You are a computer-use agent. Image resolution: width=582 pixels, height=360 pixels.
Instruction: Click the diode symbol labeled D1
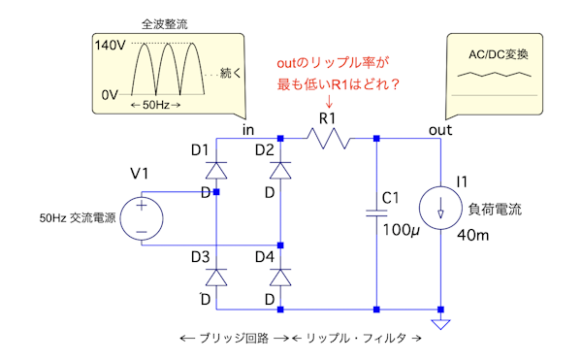coord(216,171)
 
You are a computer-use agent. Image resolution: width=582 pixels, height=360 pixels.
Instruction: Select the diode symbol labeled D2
coord(280,171)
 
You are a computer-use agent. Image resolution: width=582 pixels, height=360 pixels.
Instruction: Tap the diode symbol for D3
coord(216,278)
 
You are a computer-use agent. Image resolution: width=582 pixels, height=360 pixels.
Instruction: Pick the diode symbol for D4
coord(280,278)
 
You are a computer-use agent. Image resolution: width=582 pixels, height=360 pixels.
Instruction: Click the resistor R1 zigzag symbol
coord(329,139)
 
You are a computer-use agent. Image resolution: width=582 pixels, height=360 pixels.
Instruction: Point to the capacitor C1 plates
coord(376,213)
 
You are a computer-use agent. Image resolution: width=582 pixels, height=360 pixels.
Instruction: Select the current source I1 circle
coord(440,208)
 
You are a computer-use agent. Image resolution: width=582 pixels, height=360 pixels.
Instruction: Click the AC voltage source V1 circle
coord(142,218)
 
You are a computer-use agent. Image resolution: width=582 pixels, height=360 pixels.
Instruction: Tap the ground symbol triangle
coord(440,324)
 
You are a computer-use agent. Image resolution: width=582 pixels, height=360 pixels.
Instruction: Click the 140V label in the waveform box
coord(111,46)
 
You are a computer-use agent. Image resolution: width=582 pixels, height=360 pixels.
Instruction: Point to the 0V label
coord(110,95)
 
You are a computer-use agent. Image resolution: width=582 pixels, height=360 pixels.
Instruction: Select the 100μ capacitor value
coord(402,230)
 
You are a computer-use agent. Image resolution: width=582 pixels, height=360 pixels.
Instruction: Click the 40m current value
coord(473,235)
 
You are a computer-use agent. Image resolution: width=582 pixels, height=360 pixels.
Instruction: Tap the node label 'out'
coord(440,130)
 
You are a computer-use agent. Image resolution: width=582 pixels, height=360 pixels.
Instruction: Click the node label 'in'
coord(248,130)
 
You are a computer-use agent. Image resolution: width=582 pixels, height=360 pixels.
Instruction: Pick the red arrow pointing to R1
coord(329,101)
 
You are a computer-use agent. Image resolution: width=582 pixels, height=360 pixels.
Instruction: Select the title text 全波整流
coord(165,24)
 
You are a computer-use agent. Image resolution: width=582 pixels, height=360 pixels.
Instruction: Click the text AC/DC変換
coord(499,54)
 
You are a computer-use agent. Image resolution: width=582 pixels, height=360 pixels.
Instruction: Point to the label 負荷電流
coord(495,210)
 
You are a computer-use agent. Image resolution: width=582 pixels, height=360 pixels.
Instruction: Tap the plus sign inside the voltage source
coord(142,206)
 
